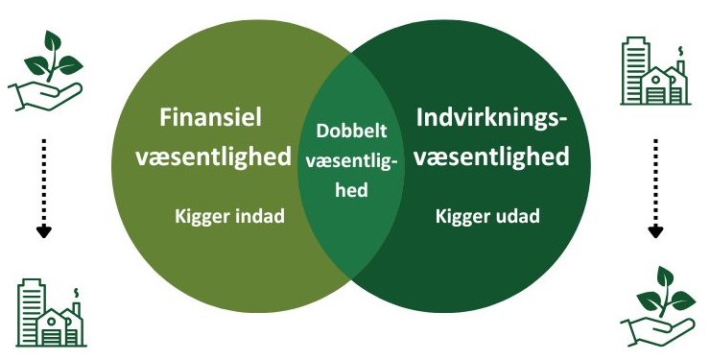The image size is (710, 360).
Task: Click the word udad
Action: (x=517, y=216)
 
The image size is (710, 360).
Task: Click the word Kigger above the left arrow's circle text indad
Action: (x=201, y=216)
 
